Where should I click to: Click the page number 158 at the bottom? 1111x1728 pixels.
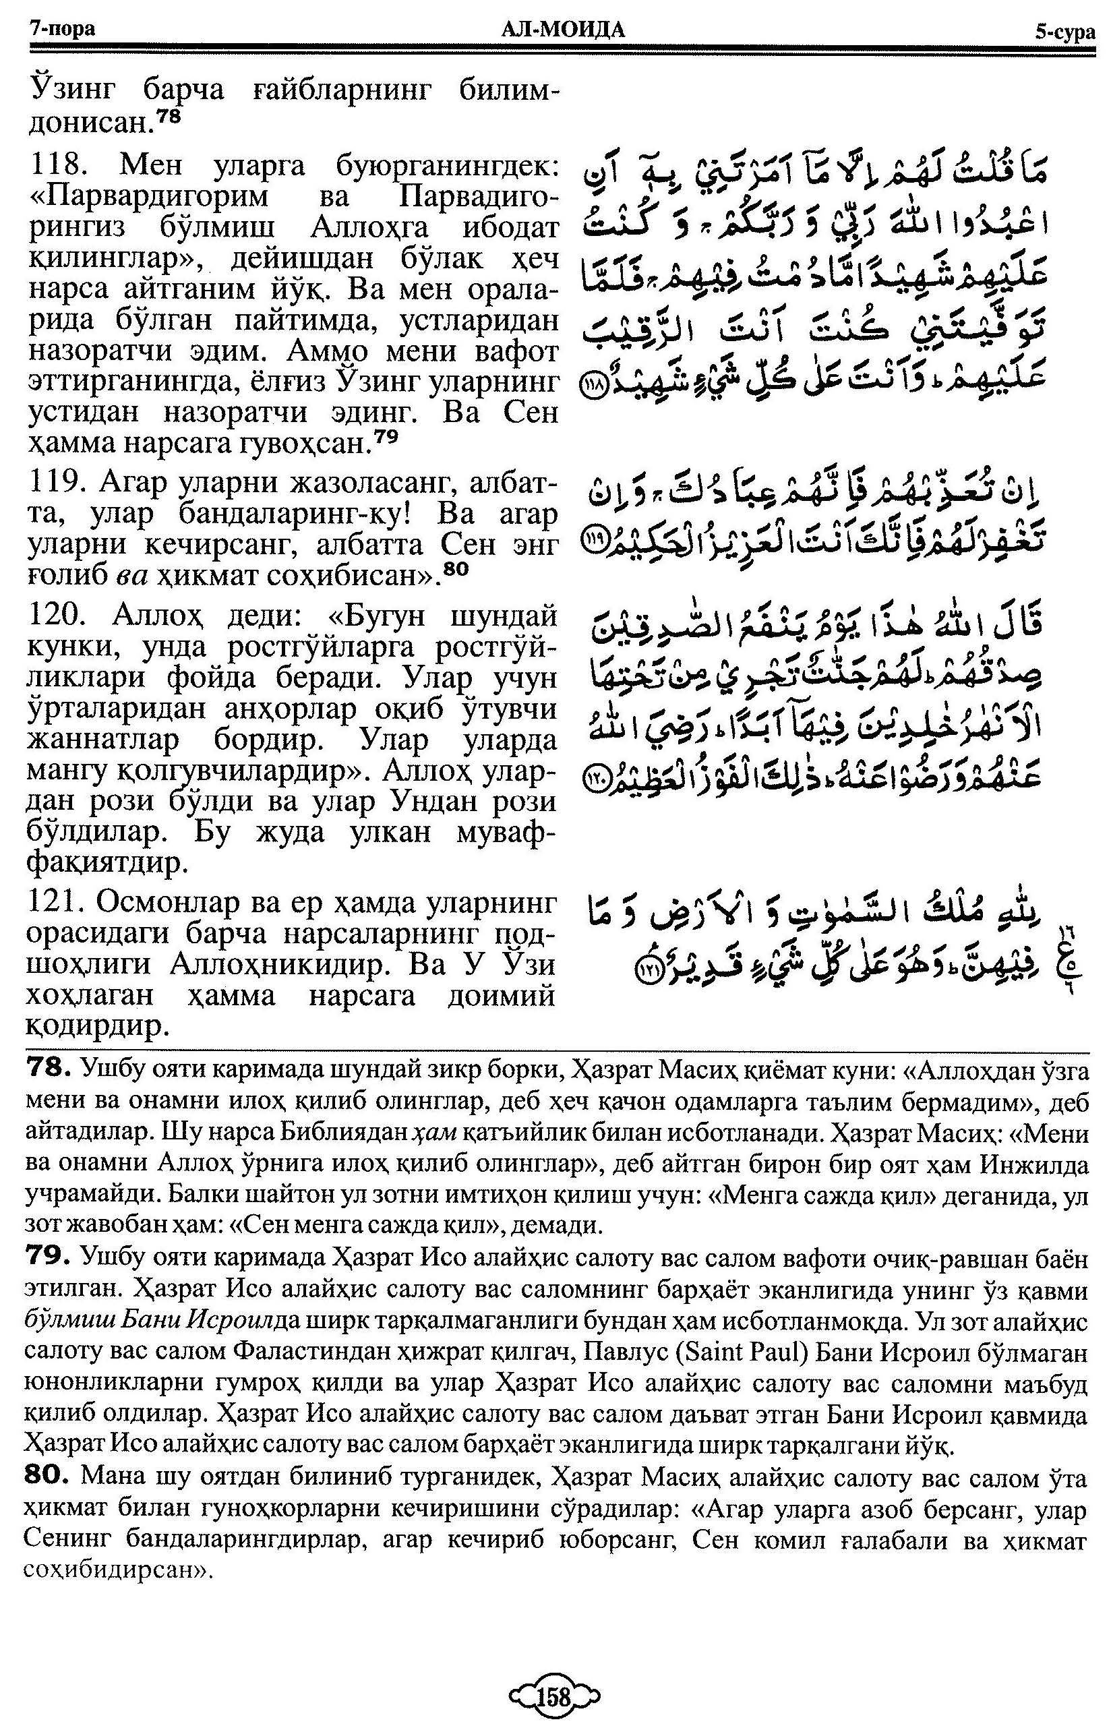tap(553, 1694)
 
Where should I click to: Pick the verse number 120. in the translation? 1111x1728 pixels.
tap(59, 616)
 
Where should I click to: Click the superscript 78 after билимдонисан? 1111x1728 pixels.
tap(171, 117)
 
